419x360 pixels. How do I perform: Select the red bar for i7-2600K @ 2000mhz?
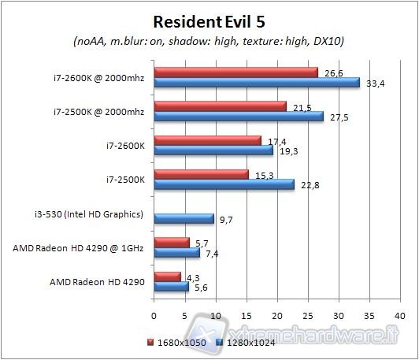click(235, 72)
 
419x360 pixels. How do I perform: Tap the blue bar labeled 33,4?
click(257, 83)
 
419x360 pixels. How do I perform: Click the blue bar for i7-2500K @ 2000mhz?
click(239, 117)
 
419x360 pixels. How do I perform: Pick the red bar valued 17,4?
click(207, 140)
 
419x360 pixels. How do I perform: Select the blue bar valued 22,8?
click(224, 184)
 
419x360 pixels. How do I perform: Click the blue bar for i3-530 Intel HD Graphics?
click(184, 218)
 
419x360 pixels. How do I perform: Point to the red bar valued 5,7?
click(172, 243)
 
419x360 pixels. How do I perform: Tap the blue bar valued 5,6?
click(171, 287)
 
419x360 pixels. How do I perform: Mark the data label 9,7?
click(227, 219)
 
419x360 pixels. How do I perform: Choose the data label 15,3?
click(261, 174)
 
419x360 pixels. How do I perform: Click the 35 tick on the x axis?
click(370, 314)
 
